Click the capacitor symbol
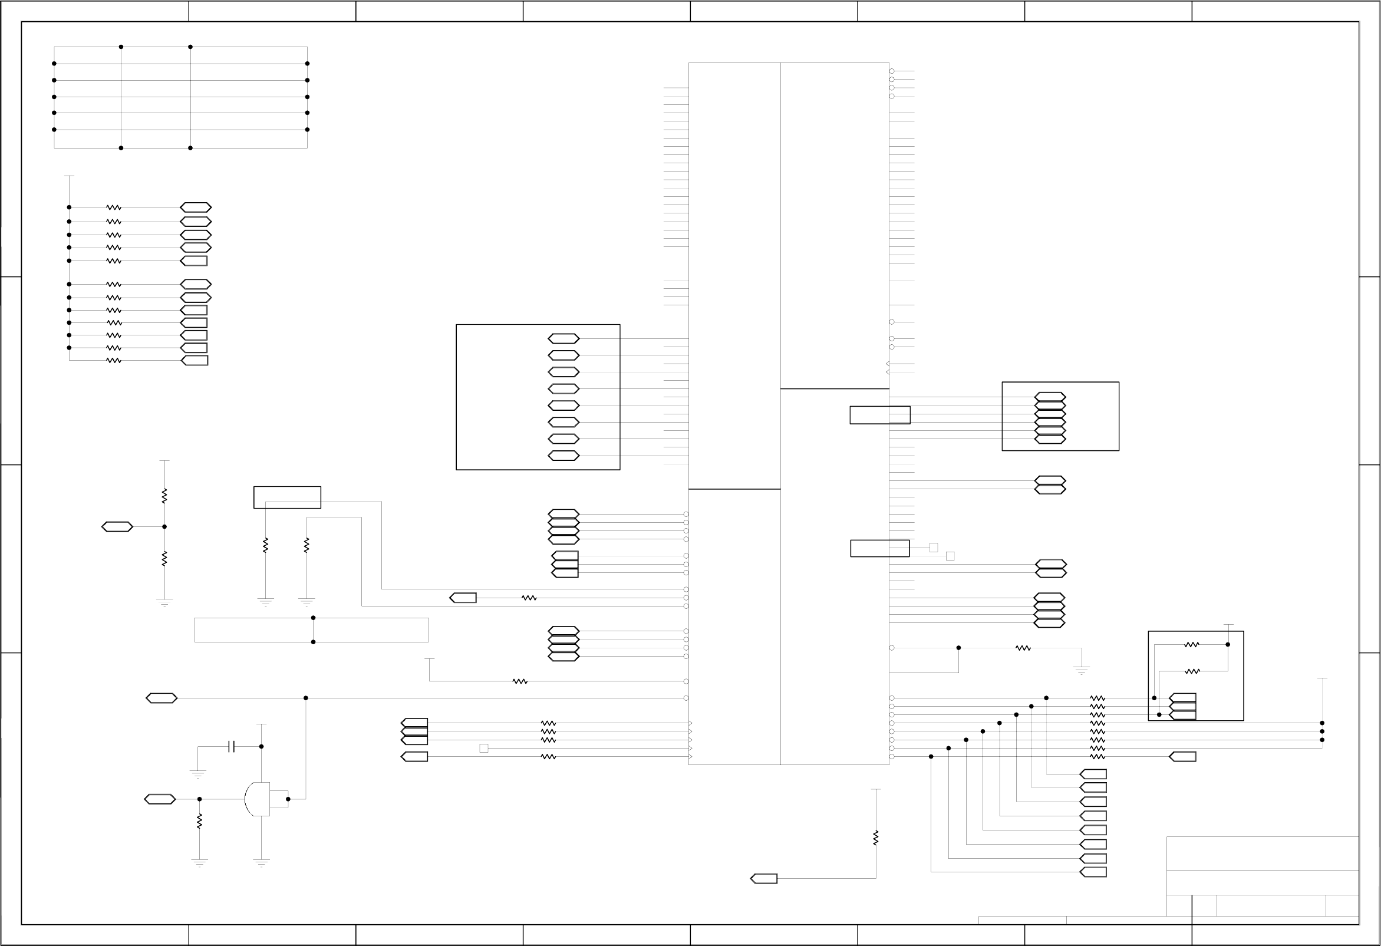(x=231, y=746)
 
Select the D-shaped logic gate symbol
(x=258, y=799)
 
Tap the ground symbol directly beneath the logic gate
(x=262, y=861)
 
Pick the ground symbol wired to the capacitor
(x=198, y=774)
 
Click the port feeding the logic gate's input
(x=160, y=799)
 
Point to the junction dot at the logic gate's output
(x=288, y=799)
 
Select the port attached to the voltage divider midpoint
(x=117, y=526)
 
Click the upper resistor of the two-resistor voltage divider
(x=164, y=496)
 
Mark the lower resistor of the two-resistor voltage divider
(x=164, y=559)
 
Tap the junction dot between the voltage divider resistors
(x=164, y=526)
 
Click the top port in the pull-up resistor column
(x=196, y=207)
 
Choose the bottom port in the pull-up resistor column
(x=195, y=360)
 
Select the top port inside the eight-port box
(x=563, y=339)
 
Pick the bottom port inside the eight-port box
(x=563, y=456)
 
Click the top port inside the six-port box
(x=1050, y=396)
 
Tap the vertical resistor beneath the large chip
(x=876, y=838)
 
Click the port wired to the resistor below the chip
(x=764, y=879)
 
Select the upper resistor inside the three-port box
(x=1192, y=644)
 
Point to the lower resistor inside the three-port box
(x=1192, y=671)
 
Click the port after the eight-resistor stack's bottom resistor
(x=1182, y=756)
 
